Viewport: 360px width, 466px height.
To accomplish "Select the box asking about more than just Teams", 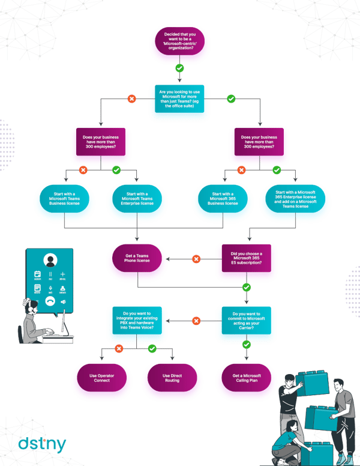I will tap(179, 98).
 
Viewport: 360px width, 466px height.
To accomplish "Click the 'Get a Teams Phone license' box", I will tap(137, 259).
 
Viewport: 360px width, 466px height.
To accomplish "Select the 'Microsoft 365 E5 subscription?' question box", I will tap(246, 258).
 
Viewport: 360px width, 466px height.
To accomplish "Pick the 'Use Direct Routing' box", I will tap(172, 378).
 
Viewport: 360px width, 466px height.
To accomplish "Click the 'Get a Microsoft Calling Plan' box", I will tap(246, 378).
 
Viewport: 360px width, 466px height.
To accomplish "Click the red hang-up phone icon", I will tap(50, 301).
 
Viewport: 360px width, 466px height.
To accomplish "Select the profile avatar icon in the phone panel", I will tap(50, 261).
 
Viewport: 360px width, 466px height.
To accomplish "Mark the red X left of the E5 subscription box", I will tap(196, 259).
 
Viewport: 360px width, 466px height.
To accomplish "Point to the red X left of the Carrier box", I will tap(196, 321).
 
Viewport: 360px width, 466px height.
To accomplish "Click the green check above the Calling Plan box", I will tap(246, 345).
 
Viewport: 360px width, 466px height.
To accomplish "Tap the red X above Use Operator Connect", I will tap(119, 348).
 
